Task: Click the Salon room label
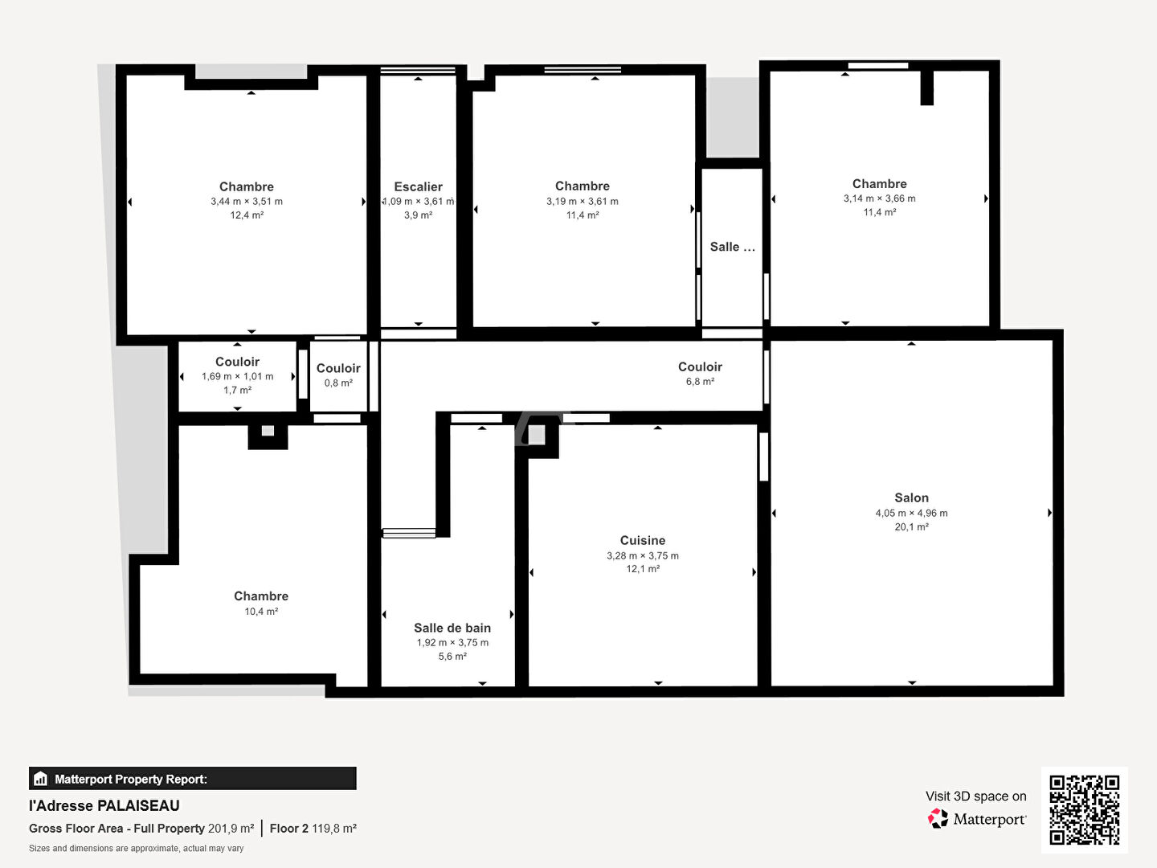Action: click(x=911, y=497)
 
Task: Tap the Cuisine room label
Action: click(x=643, y=540)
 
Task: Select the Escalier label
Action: click(x=418, y=186)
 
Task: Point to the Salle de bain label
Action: click(x=452, y=628)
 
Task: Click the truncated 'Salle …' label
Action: click(x=732, y=247)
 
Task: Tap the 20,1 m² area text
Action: click(x=911, y=526)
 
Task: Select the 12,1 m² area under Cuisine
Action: click(x=643, y=569)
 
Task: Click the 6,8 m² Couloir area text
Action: click(x=700, y=381)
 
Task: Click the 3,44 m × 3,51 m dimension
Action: click(x=247, y=201)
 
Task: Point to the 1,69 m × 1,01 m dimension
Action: click(x=237, y=376)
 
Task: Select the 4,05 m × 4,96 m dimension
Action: click(x=911, y=513)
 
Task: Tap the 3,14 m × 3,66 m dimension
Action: click(x=879, y=199)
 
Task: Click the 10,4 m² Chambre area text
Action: click(x=261, y=612)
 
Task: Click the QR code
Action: click(x=1084, y=810)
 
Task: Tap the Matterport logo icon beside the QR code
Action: click(x=938, y=818)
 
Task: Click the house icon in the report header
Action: click(x=41, y=779)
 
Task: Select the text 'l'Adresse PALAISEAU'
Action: click(x=104, y=806)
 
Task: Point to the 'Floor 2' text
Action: click(x=289, y=829)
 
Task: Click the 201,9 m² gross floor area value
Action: click(x=231, y=829)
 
